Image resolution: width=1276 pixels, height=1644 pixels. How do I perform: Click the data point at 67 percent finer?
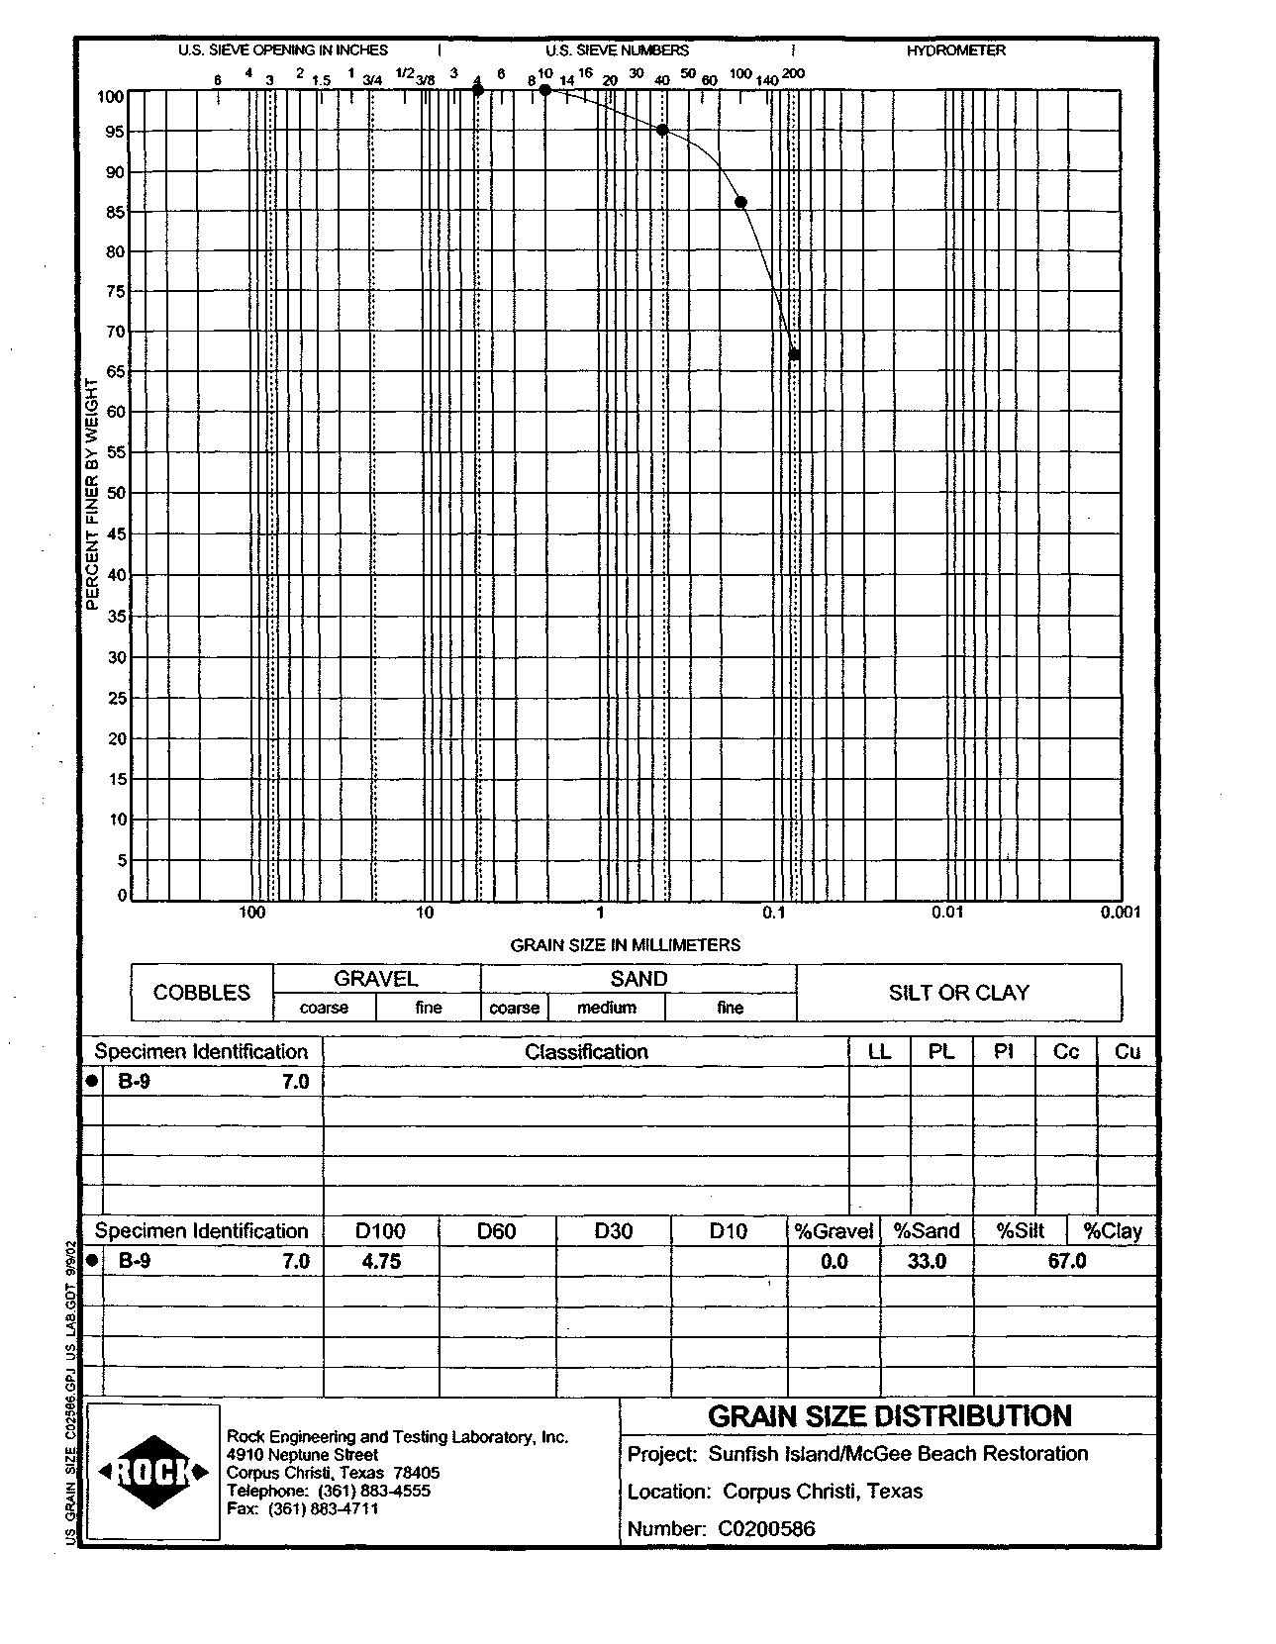(x=794, y=355)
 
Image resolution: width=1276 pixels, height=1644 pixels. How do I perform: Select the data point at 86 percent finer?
(x=740, y=203)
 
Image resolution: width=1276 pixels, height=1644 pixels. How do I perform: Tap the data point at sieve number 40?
(x=662, y=130)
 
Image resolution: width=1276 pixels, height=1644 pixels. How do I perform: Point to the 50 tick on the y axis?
(x=116, y=493)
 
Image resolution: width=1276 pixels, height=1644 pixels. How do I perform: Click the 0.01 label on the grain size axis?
(x=947, y=913)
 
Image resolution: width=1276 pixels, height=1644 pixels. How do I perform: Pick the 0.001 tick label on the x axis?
(x=1121, y=913)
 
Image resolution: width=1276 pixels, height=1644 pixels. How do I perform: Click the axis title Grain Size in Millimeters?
(x=625, y=945)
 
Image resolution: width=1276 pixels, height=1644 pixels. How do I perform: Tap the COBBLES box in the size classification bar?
(x=202, y=993)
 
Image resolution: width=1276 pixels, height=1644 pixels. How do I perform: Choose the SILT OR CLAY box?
(x=958, y=993)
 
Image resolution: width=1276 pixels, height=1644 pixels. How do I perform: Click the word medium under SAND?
(x=607, y=1008)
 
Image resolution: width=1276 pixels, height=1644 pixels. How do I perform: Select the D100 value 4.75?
(x=381, y=1261)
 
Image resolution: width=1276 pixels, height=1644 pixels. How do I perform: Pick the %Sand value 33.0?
(x=927, y=1261)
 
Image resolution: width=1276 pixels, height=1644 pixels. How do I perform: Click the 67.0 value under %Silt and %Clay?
(x=1066, y=1261)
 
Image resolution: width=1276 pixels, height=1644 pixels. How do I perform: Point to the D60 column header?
(x=496, y=1231)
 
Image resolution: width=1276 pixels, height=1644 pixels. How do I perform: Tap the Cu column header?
(x=1127, y=1051)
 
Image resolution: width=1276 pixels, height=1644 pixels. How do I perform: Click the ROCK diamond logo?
(x=153, y=1473)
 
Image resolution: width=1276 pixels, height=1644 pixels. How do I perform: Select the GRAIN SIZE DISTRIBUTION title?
(x=889, y=1416)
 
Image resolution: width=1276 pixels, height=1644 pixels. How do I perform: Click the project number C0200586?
(x=766, y=1528)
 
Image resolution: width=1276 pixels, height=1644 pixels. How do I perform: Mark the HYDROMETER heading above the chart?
(x=955, y=50)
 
